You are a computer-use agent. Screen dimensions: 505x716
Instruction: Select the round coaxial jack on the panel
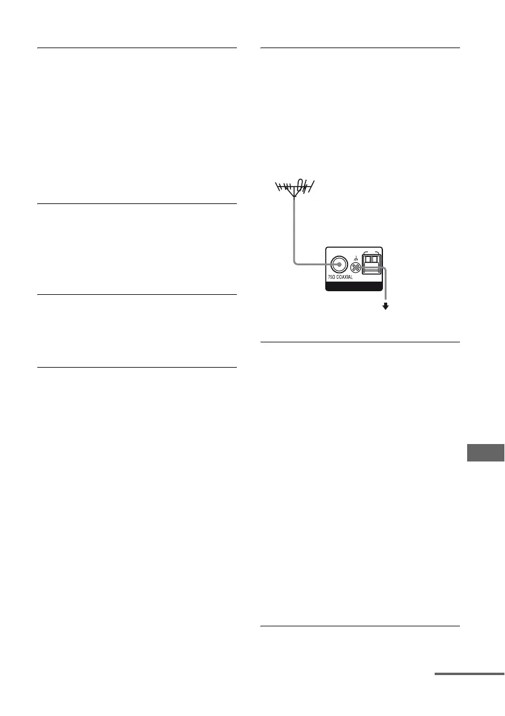pos(339,265)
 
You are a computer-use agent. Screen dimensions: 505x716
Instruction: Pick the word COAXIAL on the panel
pos(346,278)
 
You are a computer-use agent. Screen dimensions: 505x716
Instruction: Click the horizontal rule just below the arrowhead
pos(360,342)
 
